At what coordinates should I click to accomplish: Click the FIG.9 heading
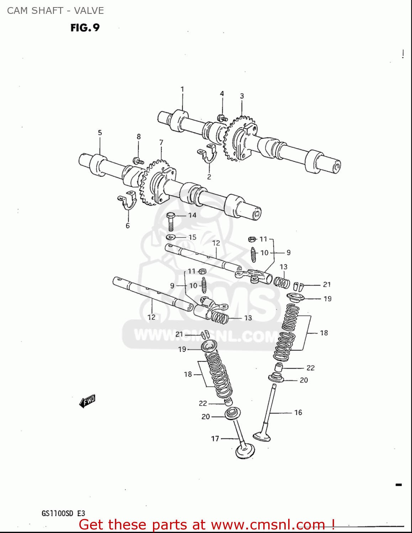pyautogui.click(x=85, y=27)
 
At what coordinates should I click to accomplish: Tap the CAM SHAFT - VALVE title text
pyautogui.click(x=56, y=11)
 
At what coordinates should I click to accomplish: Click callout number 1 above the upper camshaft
pyautogui.click(x=182, y=89)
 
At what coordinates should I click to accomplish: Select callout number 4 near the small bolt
pyautogui.click(x=222, y=93)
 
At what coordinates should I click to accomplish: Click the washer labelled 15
pyautogui.click(x=171, y=237)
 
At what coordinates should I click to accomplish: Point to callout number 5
pyautogui.click(x=100, y=133)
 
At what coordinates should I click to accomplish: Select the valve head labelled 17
pyautogui.click(x=245, y=451)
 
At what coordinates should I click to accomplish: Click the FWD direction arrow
pyautogui.click(x=87, y=401)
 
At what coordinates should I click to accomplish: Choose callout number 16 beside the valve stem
pyautogui.click(x=298, y=412)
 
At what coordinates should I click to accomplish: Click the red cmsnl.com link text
pyautogui.click(x=206, y=524)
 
